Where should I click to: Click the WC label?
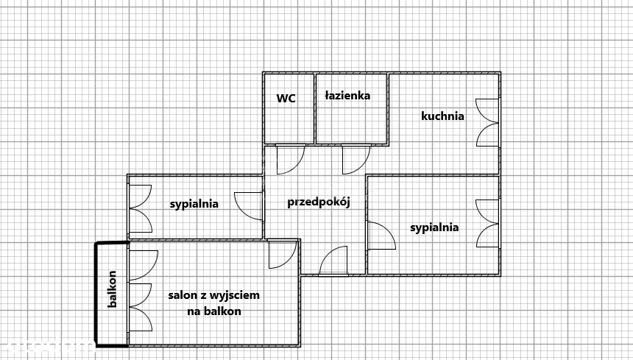click(286, 98)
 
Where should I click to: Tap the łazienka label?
click(347, 95)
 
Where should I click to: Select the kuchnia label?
click(442, 116)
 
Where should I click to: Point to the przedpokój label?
click(317, 201)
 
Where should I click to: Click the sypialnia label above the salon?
click(194, 204)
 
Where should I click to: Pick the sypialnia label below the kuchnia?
click(434, 227)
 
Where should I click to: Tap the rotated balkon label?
click(113, 290)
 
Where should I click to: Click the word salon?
click(182, 295)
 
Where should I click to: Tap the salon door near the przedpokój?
click(281, 254)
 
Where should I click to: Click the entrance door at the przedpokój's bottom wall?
click(333, 261)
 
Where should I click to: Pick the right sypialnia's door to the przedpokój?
click(379, 237)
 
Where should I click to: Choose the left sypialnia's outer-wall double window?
click(140, 208)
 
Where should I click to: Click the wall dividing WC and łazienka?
click(315, 108)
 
